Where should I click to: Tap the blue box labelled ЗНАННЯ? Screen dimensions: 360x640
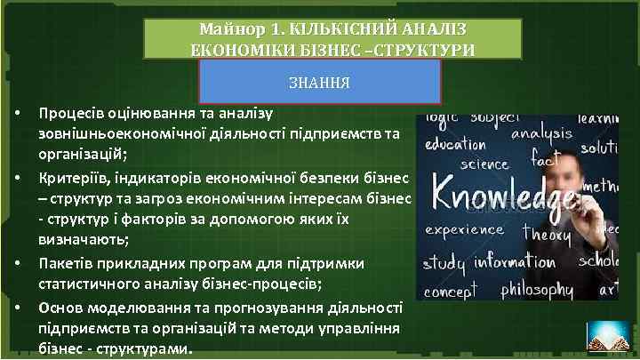coord(320,83)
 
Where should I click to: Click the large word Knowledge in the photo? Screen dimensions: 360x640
coord(502,191)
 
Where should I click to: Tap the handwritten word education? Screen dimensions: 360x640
coord(455,144)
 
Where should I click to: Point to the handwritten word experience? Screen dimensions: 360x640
coord(464,229)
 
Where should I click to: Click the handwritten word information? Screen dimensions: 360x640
coord(516,263)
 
